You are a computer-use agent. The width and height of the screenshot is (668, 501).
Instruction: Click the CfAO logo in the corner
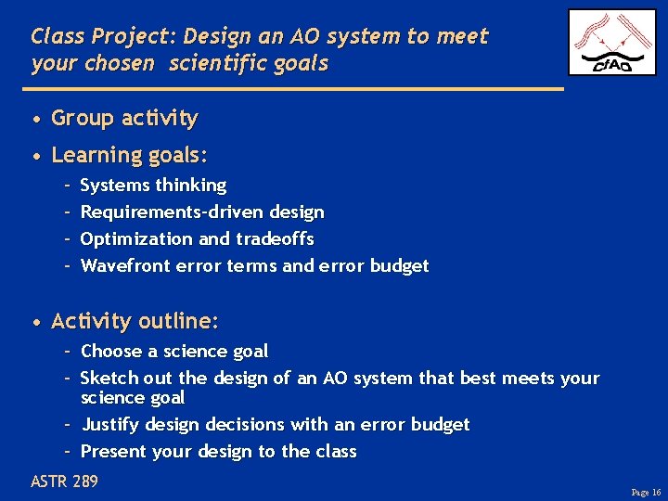(x=611, y=43)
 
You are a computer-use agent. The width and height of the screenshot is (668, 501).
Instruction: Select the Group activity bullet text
(x=124, y=119)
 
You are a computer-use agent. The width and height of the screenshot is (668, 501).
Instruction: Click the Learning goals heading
(x=130, y=155)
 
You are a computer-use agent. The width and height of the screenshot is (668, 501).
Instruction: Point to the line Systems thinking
(x=153, y=186)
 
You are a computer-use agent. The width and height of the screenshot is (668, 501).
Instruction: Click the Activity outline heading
(x=135, y=322)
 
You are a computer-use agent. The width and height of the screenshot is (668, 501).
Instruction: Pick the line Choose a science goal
(x=174, y=352)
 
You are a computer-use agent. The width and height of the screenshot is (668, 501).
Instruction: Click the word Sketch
(x=110, y=379)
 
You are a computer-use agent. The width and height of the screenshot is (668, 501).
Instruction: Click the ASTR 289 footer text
(x=64, y=482)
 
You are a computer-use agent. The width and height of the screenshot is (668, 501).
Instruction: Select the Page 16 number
(x=645, y=492)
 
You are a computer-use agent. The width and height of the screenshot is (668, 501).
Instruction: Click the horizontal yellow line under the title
(x=297, y=89)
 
